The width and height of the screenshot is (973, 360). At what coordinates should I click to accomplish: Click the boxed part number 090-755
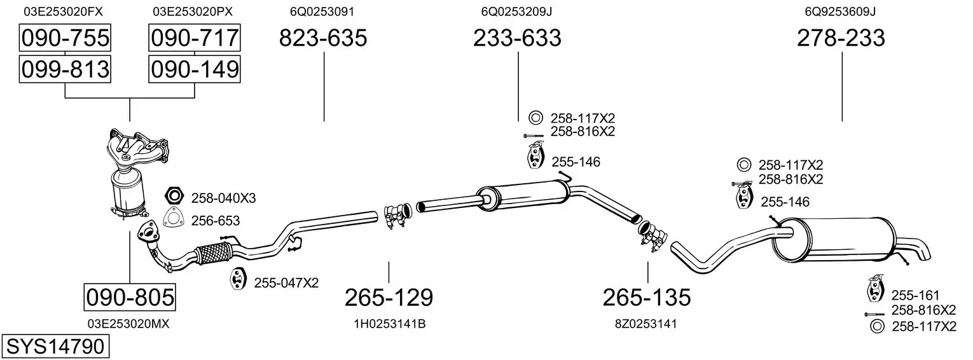tap(65, 38)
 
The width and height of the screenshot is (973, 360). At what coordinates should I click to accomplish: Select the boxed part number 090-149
tap(195, 69)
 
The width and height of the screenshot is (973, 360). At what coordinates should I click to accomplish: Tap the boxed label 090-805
tap(130, 298)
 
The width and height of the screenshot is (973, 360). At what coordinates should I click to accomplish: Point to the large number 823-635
tap(323, 38)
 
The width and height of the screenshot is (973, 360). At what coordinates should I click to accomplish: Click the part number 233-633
tap(517, 38)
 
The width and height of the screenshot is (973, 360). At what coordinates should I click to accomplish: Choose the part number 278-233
tap(841, 38)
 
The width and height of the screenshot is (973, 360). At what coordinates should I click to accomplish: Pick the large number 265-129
tap(389, 298)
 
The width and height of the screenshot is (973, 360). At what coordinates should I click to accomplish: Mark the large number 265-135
tap(647, 298)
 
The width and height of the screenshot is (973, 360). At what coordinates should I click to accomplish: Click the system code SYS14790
tap(55, 347)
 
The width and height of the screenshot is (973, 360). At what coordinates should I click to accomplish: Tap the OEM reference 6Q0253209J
tap(516, 11)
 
